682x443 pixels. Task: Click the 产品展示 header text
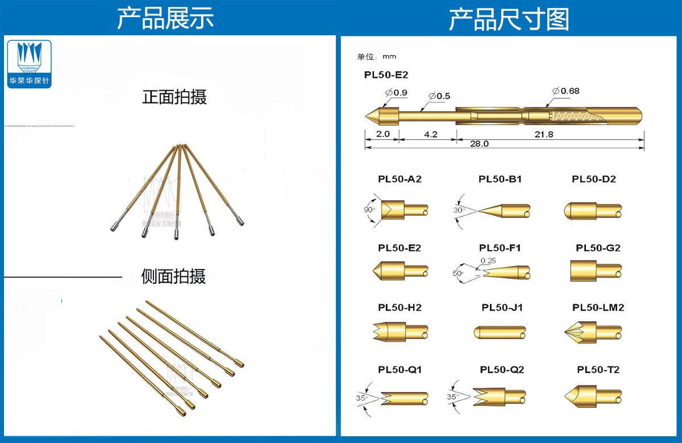click(x=165, y=19)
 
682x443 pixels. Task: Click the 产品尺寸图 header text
click(x=509, y=19)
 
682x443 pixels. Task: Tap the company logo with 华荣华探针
click(x=30, y=64)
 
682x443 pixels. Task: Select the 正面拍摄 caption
click(x=174, y=97)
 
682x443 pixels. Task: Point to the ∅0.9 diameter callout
click(x=396, y=92)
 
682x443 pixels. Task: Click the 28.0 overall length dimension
click(x=479, y=144)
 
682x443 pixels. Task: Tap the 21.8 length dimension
click(x=544, y=134)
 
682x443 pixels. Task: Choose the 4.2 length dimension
click(x=431, y=134)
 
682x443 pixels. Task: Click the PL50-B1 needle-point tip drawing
click(x=504, y=210)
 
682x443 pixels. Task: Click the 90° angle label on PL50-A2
click(x=369, y=210)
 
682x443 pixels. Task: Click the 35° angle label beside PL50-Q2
click(x=452, y=396)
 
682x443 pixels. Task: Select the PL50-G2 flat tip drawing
click(x=594, y=271)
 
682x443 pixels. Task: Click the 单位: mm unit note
click(x=376, y=56)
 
